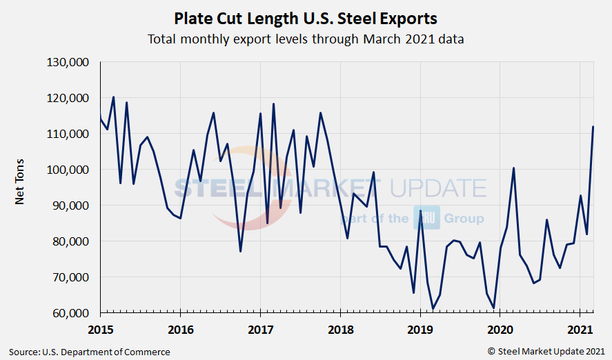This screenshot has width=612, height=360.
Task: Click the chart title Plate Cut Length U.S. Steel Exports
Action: [306, 17]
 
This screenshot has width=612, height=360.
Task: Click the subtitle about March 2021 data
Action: [306, 39]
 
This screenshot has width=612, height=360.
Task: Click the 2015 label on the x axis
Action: [100, 328]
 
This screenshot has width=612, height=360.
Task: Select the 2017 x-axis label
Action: [260, 328]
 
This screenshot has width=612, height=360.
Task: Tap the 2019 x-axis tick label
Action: [420, 328]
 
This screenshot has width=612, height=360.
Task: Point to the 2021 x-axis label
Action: [580, 328]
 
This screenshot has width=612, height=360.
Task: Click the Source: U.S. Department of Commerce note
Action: [90, 352]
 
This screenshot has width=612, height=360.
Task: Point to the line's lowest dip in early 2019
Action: [433, 308]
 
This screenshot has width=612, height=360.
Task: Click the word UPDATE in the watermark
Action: [439, 188]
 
